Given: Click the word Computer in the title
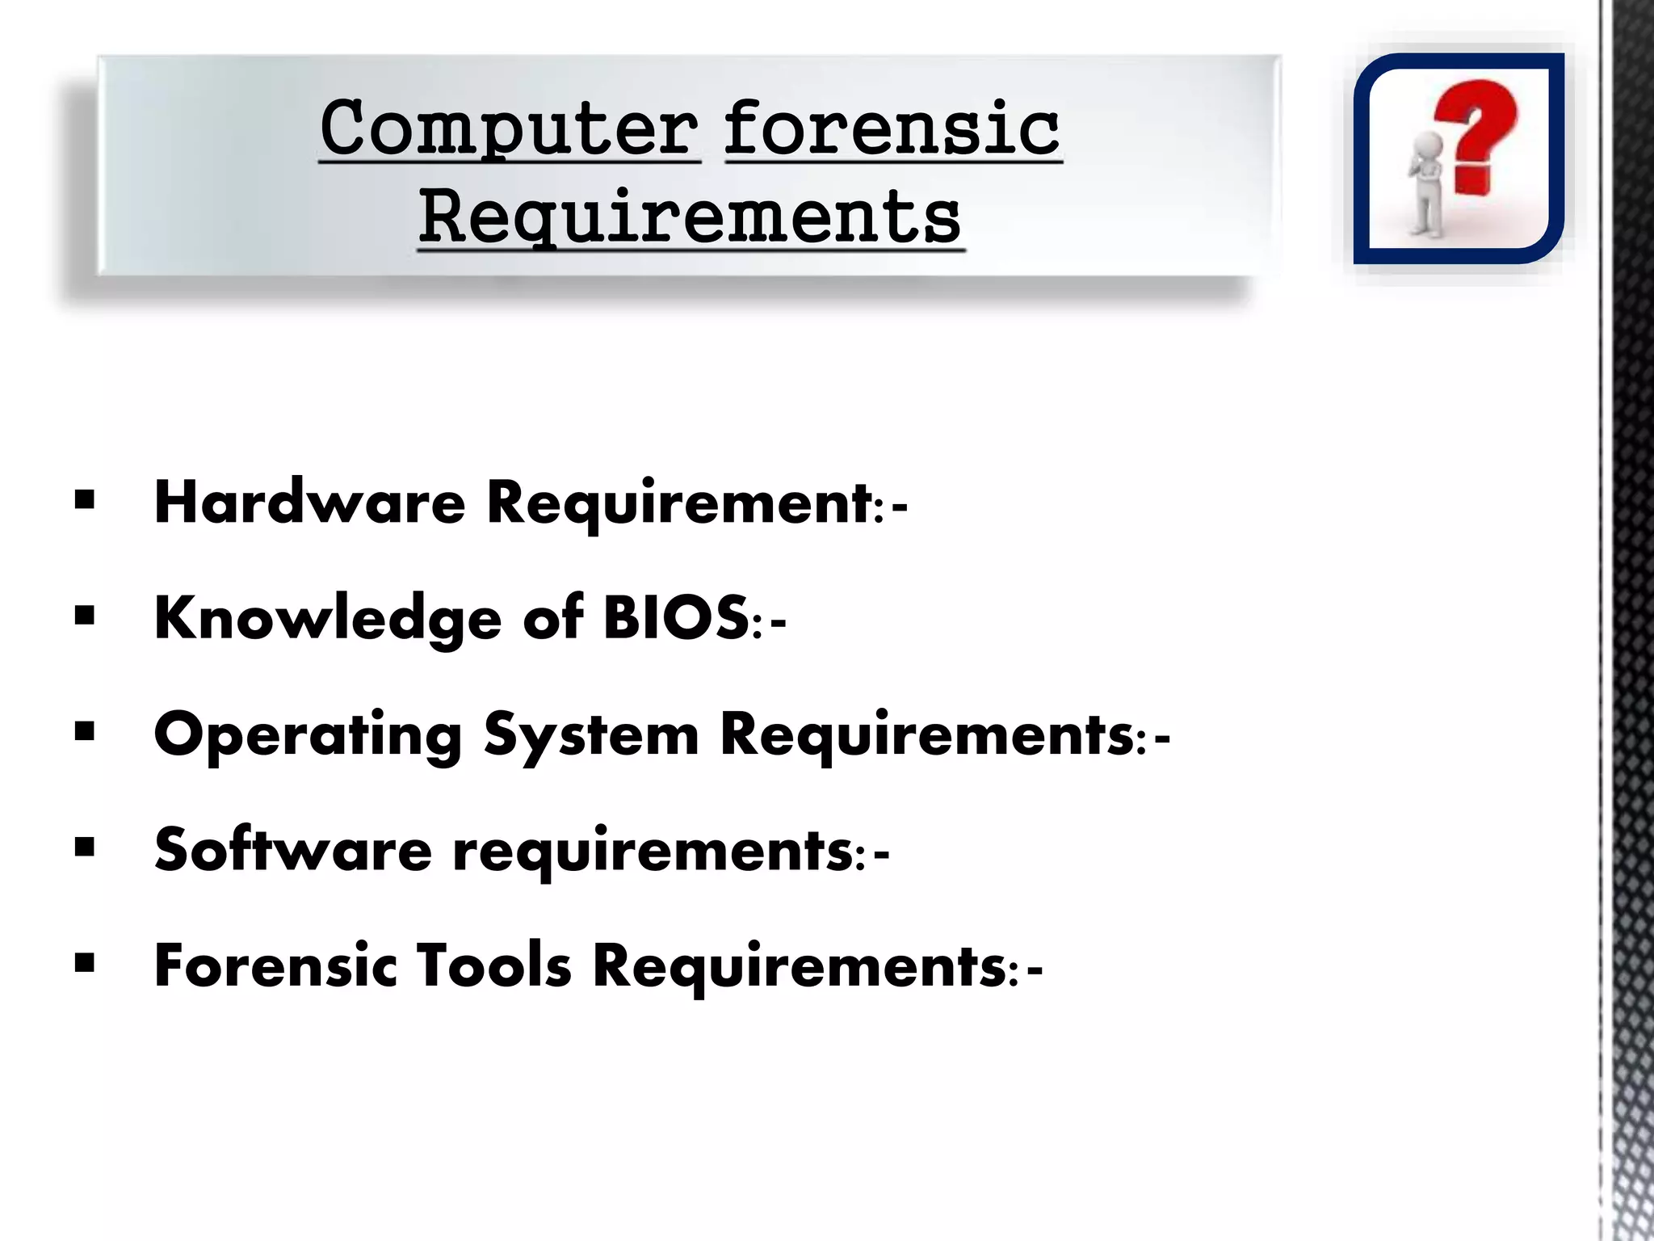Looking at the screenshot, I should tap(510, 129).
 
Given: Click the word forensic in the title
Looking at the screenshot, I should tap(892, 129).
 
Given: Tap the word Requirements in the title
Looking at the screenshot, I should tap(691, 217).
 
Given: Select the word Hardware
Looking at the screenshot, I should tap(309, 503).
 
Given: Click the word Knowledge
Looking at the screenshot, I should tap(327, 618).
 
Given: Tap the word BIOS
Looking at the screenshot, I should tap(678, 618).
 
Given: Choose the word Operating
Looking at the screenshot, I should tap(308, 735).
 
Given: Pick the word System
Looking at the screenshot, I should tap(591, 735).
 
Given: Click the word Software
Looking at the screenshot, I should tap(293, 851).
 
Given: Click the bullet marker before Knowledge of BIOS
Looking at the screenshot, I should tap(84, 616).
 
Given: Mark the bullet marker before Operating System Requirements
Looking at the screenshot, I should tap(84, 732).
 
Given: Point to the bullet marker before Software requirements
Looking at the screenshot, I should tap(84, 848).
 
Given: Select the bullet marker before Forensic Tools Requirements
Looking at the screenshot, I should tap(84, 963).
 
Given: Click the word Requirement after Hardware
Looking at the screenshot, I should tap(678, 503).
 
